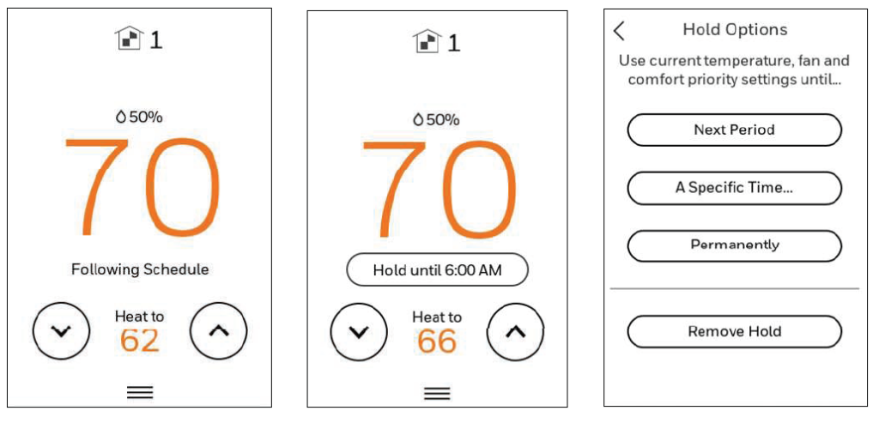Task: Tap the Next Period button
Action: pyautogui.click(x=734, y=130)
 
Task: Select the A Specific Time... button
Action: pyautogui.click(x=734, y=188)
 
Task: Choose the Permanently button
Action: pyautogui.click(x=734, y=245)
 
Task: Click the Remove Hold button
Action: pyautogui.click(x=734, y=331)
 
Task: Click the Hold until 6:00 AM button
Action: pyautogui.click(x=437, y=270)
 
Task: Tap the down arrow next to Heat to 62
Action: pyautogui.click(x=61, y=331)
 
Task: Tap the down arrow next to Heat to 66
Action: pyautogui.click(x=359, y=331)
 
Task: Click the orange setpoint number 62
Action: pyautogui.click(x=140, y=341)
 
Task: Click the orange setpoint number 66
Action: pyautogui.click(x=437, y=341)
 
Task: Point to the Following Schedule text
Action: pyautogui.click(x=140, y=269)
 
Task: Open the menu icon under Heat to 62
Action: pyautogui.click(x=140, y=392)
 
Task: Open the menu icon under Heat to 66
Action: pyautogui.click(x=437, y=393)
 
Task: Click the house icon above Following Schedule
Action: pyautogui.click(x=128, y=39)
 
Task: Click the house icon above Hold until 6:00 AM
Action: pyautogui.click(x=426, y=40)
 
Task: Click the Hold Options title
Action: pyautogui.click(x=735, y=30)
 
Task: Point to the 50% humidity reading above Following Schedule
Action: pyautogui.click(x=139, y=117)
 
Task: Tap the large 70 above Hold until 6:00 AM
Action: pyautogui.click(x=437, y=189)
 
